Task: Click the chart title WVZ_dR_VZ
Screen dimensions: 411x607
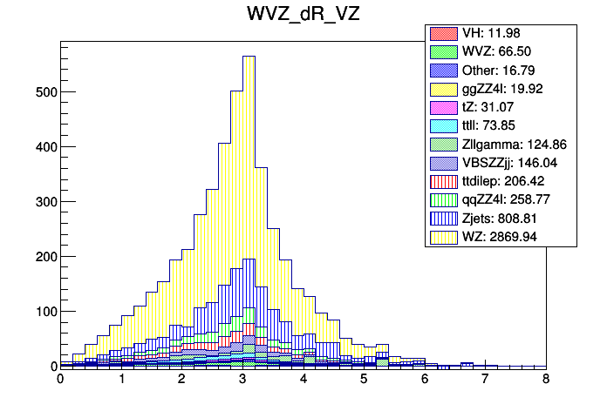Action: coord(303,16)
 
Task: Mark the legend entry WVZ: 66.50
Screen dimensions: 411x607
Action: coord(499,51)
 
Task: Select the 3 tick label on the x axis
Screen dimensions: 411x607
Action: coord(242,381)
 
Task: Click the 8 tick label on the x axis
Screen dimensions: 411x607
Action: coord(546,381)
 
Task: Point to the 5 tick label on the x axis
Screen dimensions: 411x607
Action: coord(364,381)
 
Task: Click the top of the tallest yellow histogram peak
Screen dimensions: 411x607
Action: coord(249,57)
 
